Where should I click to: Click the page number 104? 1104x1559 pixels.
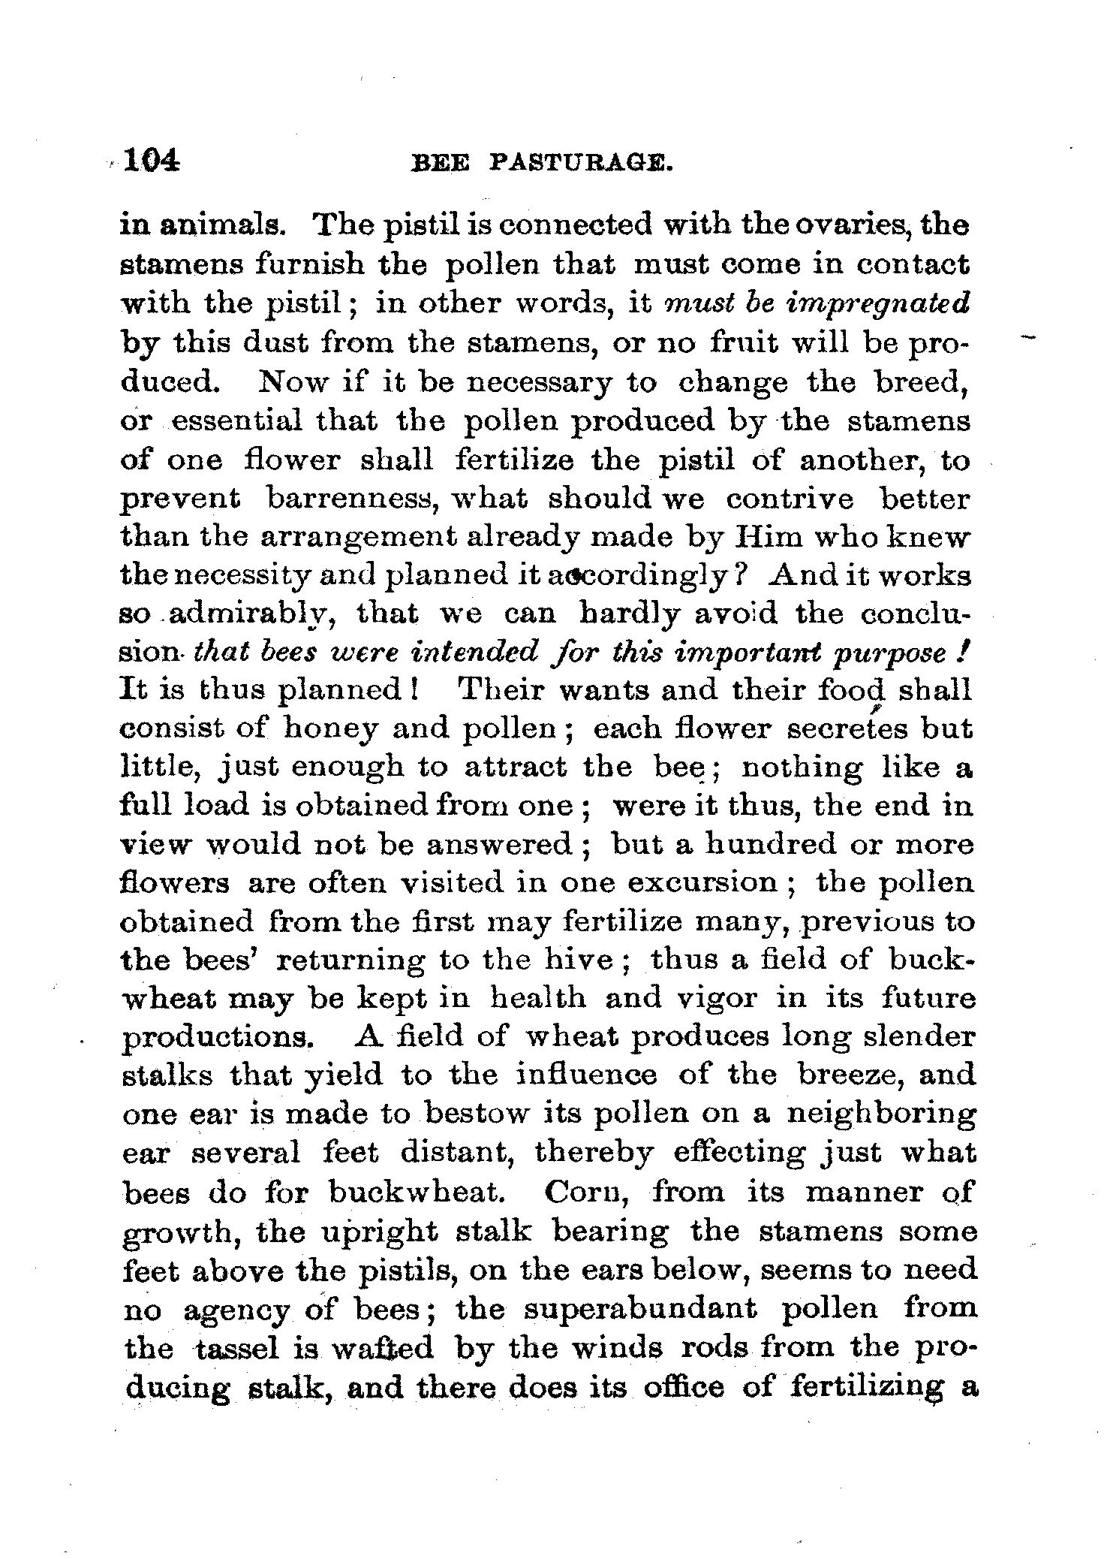click(x=152, y=161)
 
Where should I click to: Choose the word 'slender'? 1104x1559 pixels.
click(x=920, y=1037)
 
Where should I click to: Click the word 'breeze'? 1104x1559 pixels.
click(x=851, y=1076)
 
